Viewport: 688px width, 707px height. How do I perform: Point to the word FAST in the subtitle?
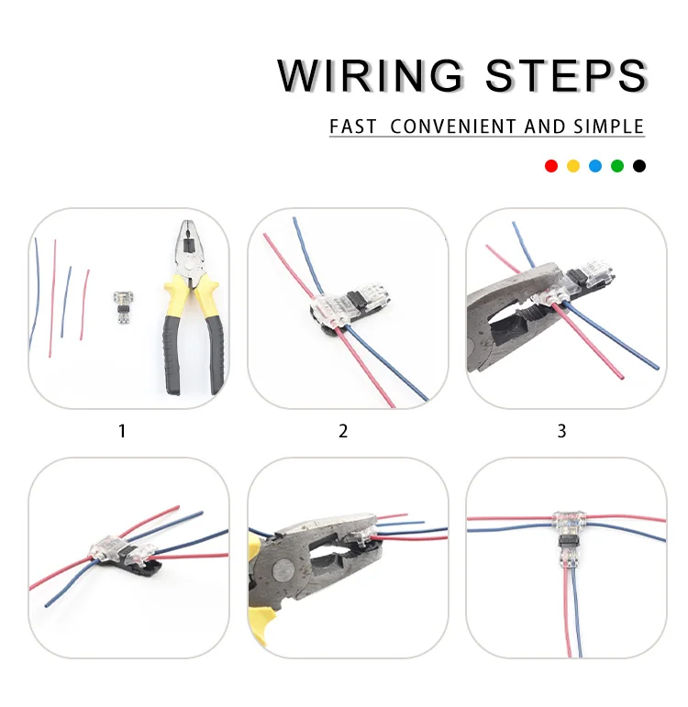353,127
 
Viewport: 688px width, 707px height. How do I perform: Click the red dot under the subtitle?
551,166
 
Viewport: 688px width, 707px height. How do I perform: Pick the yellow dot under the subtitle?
573,166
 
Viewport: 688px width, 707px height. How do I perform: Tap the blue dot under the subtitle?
595,166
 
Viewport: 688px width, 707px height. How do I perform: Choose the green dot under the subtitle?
617,166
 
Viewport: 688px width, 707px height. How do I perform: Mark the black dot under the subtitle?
639,166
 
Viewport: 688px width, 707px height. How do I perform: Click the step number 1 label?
122,430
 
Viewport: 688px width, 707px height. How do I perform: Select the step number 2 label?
343,430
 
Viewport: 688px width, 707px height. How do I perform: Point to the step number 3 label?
562,430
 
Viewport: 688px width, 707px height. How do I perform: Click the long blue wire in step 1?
35,293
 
